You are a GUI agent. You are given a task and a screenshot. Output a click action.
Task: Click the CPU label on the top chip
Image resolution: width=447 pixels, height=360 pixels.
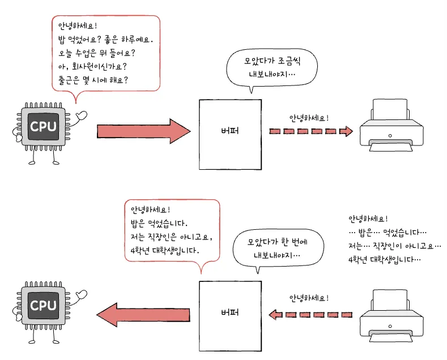43,126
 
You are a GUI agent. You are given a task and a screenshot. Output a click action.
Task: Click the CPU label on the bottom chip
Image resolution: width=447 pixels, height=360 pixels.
43,306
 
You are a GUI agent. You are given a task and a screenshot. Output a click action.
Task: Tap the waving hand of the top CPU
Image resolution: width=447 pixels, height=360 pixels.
82,115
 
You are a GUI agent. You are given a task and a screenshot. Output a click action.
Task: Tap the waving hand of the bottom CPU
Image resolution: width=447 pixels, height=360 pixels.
82,294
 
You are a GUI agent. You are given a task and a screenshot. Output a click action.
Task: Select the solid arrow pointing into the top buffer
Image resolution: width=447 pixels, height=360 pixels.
144,131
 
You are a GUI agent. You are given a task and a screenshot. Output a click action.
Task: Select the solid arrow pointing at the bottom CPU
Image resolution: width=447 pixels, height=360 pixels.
143,315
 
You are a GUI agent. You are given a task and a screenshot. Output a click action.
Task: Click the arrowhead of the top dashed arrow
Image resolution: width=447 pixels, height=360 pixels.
346,131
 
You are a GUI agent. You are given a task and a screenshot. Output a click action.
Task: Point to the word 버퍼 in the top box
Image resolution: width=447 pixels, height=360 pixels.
230,131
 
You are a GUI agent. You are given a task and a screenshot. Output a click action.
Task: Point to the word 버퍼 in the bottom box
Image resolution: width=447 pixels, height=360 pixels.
230,312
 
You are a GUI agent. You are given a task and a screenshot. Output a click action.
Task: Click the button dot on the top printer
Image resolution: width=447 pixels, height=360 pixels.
390,136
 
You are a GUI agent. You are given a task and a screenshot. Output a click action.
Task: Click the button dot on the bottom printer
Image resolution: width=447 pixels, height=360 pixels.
390,326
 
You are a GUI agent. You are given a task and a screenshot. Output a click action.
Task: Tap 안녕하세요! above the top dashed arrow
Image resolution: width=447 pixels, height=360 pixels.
309,118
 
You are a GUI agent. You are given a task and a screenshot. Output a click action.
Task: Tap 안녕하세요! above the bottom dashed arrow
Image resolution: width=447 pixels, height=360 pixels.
309,298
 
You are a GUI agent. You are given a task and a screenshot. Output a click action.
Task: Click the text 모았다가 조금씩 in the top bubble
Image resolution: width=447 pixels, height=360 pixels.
273,61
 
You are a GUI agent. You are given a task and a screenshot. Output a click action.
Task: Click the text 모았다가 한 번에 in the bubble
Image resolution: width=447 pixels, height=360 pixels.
278,242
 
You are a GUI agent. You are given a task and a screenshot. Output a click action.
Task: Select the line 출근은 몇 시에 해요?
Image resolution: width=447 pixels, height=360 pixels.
93,80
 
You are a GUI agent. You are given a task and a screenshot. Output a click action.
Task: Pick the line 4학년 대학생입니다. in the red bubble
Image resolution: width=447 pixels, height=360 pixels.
165,251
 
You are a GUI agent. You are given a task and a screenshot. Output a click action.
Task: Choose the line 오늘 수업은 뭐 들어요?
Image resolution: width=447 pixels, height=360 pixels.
97,53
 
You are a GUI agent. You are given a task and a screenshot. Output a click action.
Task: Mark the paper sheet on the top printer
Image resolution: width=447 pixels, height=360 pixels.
390,110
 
